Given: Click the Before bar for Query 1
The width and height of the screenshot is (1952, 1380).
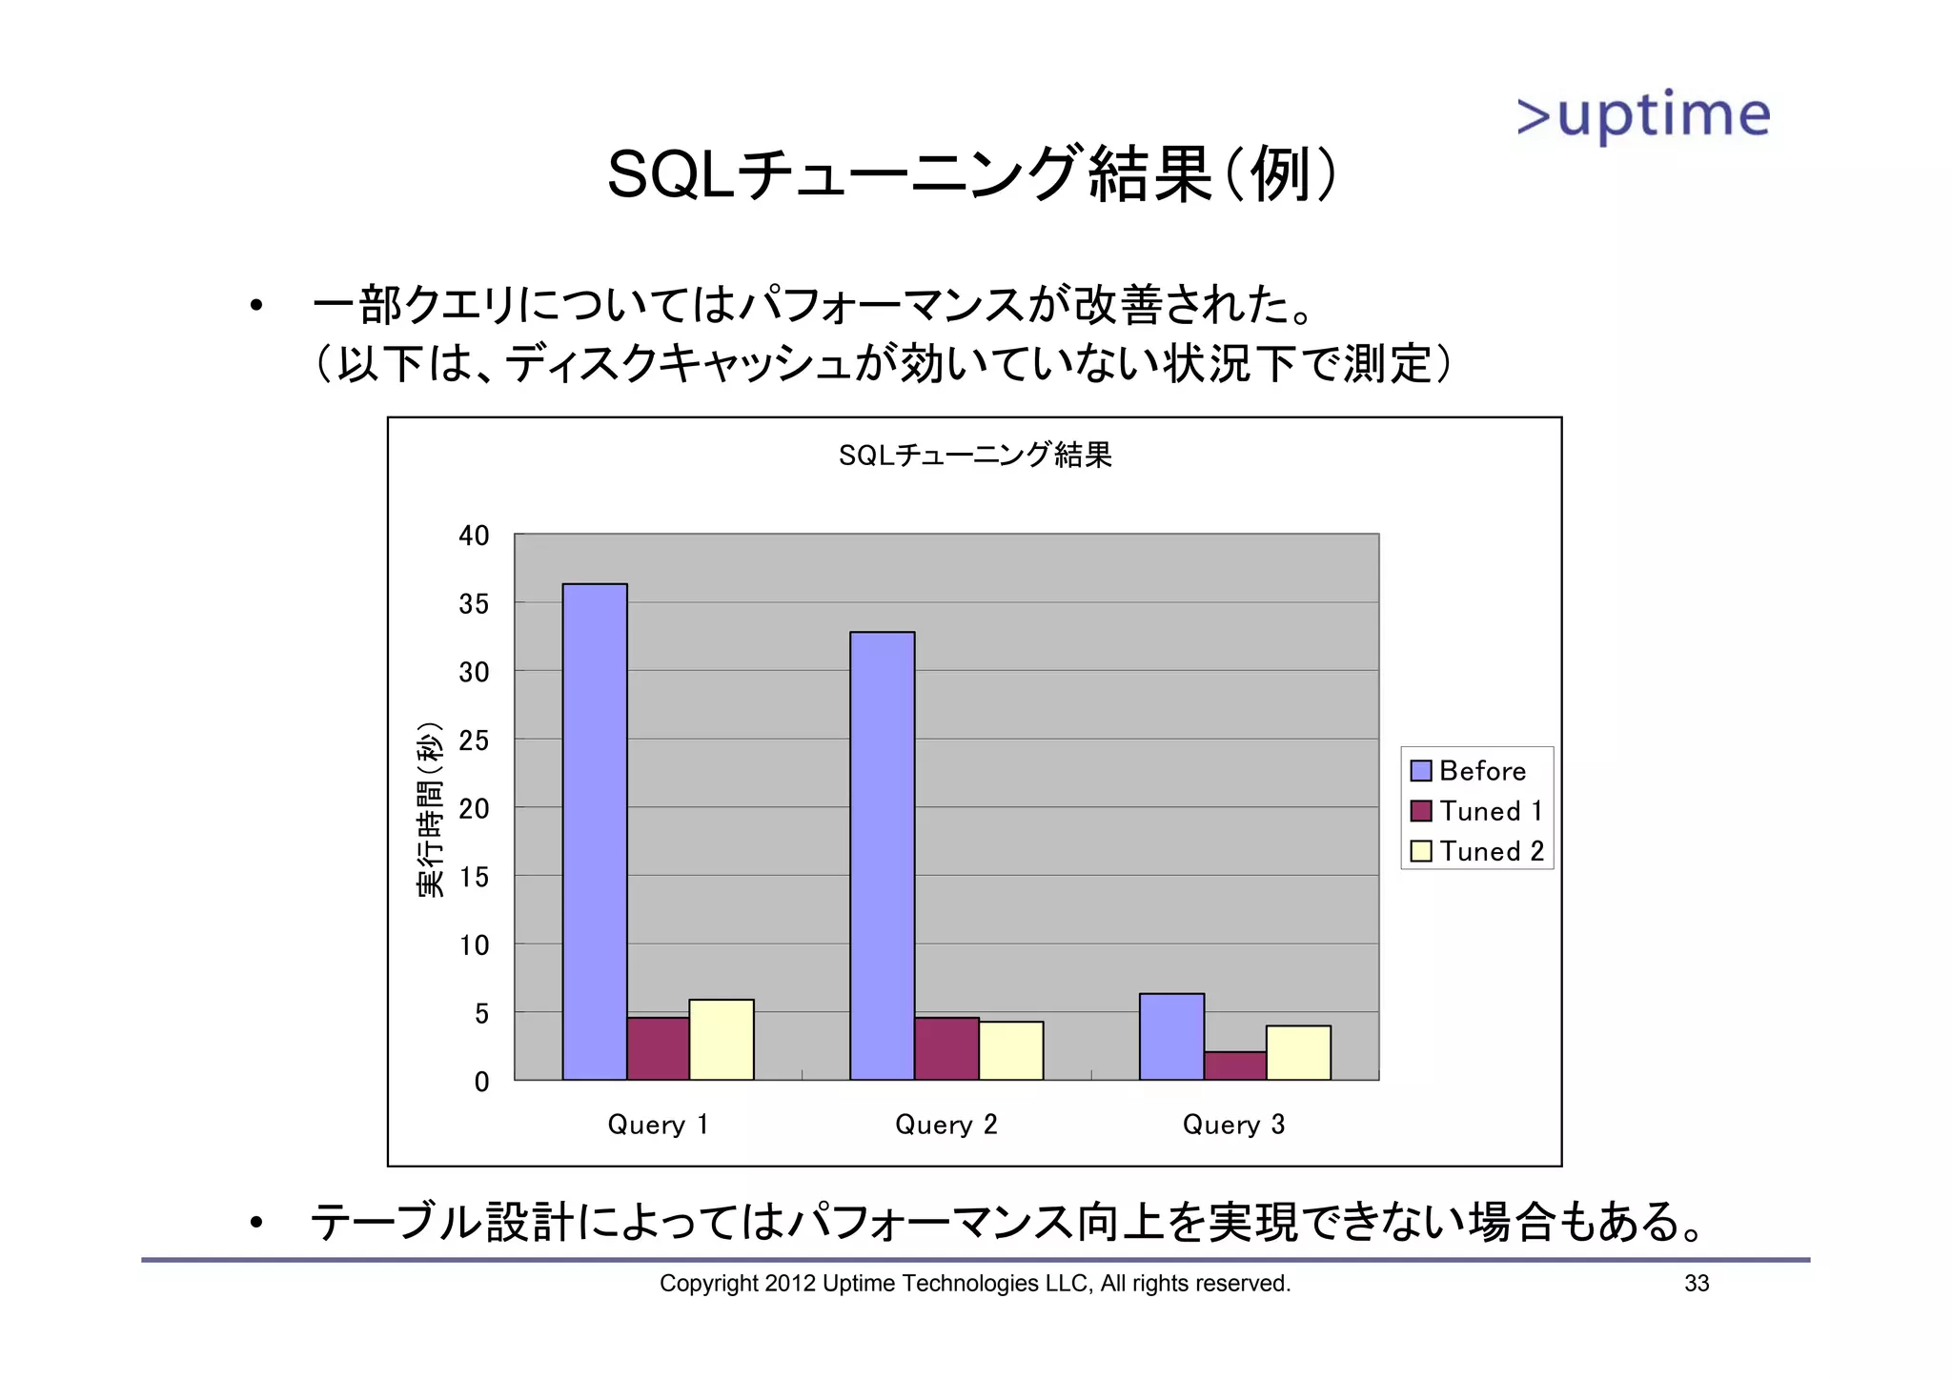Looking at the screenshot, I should (595, 831).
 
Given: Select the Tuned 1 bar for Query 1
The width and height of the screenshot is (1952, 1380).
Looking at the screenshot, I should (658, 1048).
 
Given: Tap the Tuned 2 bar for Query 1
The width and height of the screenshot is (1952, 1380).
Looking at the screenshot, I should (722, 1039).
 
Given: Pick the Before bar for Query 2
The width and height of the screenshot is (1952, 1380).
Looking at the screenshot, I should (883, 855).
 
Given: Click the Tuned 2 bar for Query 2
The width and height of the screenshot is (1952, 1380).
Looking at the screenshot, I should (1011, 1050).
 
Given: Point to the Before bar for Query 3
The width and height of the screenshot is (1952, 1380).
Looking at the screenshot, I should (1171, 1036).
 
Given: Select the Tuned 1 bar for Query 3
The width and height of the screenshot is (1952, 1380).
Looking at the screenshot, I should (1235, 1065).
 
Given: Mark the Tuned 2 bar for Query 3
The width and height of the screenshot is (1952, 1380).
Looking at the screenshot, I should (1298, 1052).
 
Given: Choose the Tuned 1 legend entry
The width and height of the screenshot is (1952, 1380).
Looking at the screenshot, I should (1476, 811).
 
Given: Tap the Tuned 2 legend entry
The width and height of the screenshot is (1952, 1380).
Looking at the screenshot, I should (1476, 851).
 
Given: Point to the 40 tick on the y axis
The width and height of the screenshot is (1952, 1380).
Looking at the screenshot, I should (474, 536).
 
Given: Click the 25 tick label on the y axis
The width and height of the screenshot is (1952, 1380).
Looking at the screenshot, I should (474, 741).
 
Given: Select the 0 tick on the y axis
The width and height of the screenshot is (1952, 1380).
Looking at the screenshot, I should (481, 1082).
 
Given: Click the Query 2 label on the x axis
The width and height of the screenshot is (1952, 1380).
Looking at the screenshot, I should (945, 1125).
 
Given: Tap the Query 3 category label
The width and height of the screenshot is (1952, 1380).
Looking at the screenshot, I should (1233, 1125).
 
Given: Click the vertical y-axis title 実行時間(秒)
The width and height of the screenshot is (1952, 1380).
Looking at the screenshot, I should (430, 809).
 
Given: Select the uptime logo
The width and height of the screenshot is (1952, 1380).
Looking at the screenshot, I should (1643, 115).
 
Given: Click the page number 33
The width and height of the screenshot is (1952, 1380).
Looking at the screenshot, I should (1697, 1283).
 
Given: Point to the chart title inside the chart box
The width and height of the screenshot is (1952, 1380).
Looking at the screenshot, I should (975, 456).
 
